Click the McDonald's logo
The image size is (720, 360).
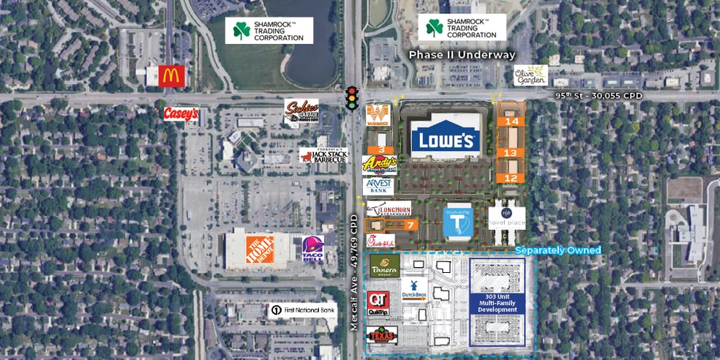tap(165, 75)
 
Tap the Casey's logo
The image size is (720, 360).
tap(181, 113)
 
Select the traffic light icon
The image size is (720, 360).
tap(352, 98)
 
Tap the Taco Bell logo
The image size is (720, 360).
tap(312, 248)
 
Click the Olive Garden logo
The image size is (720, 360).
tap(530, 75)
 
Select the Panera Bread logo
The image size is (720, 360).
tap(383, 265)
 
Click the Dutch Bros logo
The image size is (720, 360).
tap(414, 289)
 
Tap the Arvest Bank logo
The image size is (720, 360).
tap(378, 187)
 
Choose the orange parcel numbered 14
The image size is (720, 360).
tap(511, 121)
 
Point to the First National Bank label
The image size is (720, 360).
tap(302, 310)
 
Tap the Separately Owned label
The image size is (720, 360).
tap(558, 250)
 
